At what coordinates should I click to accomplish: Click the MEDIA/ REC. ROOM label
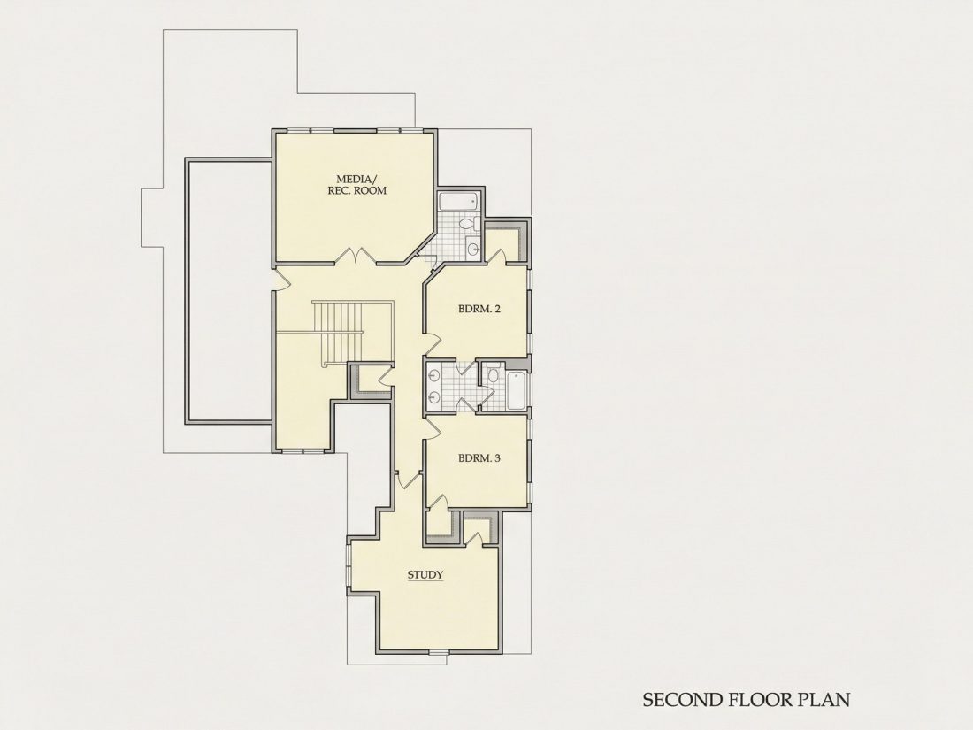coord(356,185)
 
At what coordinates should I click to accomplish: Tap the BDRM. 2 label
coord(479,309)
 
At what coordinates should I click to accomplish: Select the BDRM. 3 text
coord(479,458)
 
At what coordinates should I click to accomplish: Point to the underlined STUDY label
coord(425,575)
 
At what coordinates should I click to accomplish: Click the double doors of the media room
coord(356,257)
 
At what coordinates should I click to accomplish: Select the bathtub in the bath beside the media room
coord(458,201)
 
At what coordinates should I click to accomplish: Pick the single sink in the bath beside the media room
coord(473,249)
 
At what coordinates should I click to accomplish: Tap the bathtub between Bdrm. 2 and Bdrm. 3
coord(517,390)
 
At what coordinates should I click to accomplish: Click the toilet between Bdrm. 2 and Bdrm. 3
coord(494,373)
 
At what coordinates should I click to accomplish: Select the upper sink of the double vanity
coord(434,375)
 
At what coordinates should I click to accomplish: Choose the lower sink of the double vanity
coord(434,397)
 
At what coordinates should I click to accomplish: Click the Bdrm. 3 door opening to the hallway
coord(433,427)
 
